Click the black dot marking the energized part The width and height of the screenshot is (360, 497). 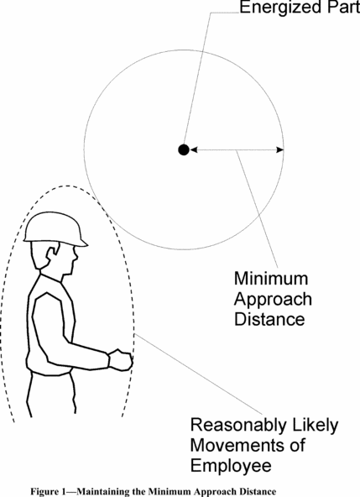(x=184, y=149)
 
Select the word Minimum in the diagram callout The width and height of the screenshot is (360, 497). (x=271, y=279)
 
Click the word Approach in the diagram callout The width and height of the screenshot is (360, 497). (x=273, y=301)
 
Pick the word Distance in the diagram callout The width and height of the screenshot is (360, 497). (x=269, y=319)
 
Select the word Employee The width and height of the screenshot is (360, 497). (x=231, y=466)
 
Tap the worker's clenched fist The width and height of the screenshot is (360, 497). (x=120, y=359)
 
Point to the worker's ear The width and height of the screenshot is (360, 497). (x=53, y=254)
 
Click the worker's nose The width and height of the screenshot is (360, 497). (x=76, y=258)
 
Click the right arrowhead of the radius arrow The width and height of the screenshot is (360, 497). (x=279, y=150)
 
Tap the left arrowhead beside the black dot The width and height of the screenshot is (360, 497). (x=194, y=149)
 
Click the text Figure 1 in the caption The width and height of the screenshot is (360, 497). (x=48, y=492)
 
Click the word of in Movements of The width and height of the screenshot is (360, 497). (x=297, y=445)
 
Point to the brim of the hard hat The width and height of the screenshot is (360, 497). (x=55, y=242)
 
